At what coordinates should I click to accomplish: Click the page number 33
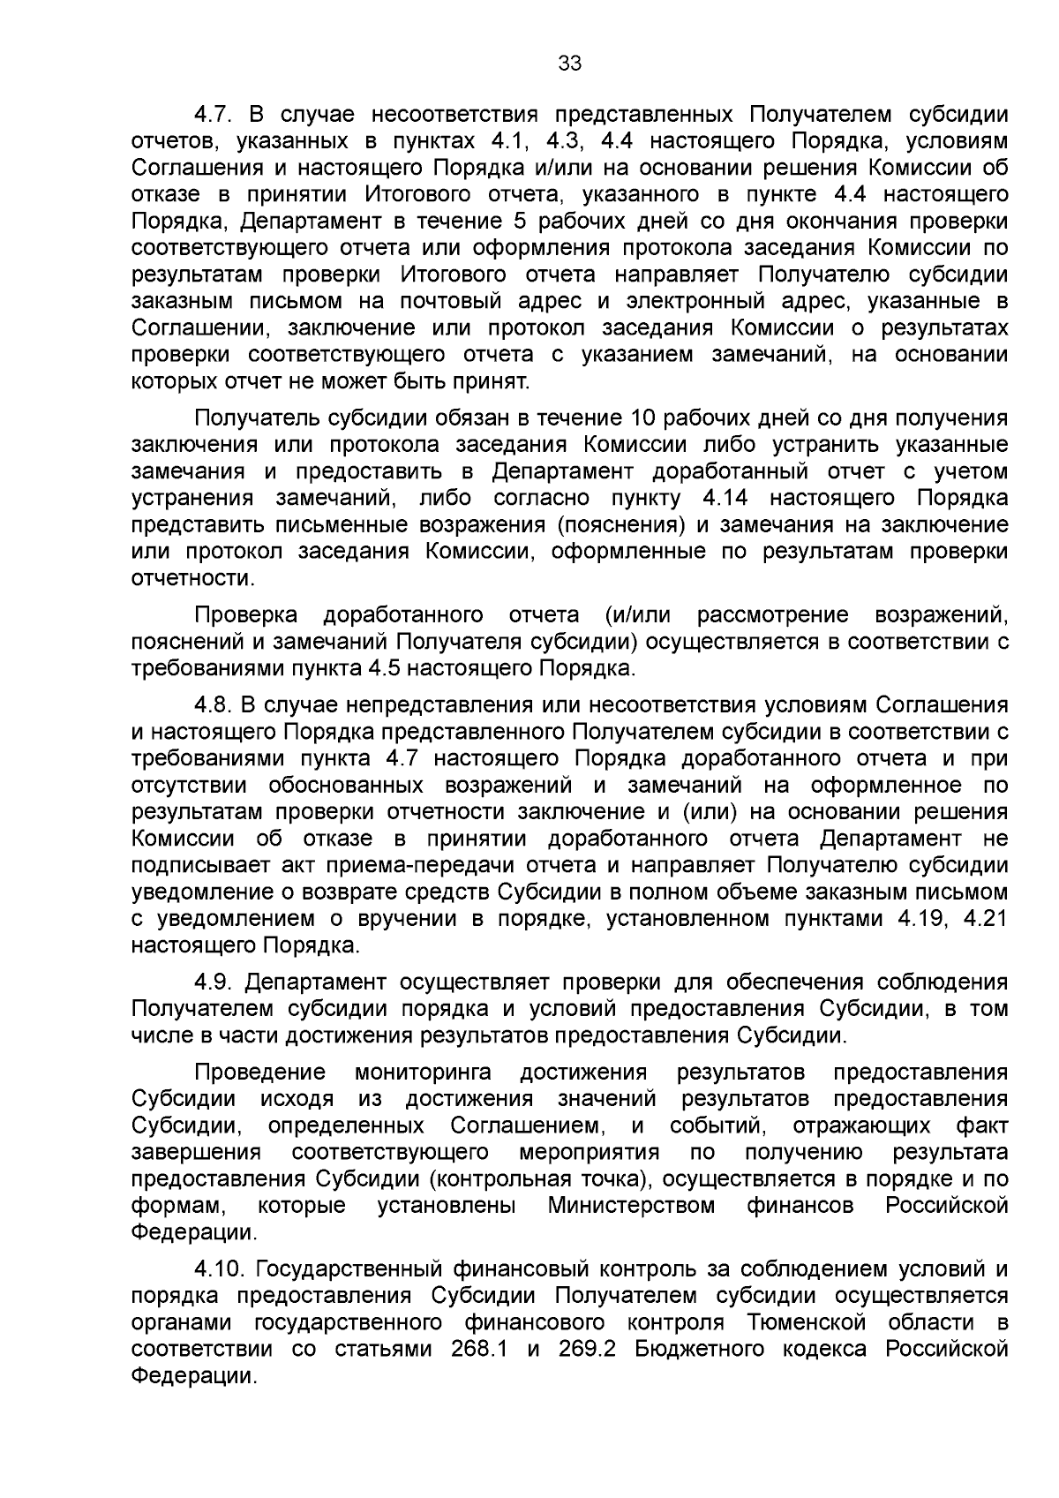[569, 64]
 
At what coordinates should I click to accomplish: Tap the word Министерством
[631, 1205]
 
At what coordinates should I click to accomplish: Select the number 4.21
[986, 919]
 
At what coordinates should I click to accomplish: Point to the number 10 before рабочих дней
[641, 418]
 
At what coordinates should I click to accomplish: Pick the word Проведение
[259, 1073]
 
